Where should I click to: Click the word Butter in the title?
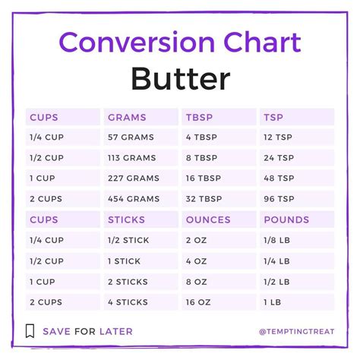179,78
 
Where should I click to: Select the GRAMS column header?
128,117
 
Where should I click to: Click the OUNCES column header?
207,219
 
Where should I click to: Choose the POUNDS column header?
286,219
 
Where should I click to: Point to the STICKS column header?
128,219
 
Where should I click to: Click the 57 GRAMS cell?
131,137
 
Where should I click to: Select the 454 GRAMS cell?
134,199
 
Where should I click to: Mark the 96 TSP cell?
279,199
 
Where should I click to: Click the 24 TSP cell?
279,158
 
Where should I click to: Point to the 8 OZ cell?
196,281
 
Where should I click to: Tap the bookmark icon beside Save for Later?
30,331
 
